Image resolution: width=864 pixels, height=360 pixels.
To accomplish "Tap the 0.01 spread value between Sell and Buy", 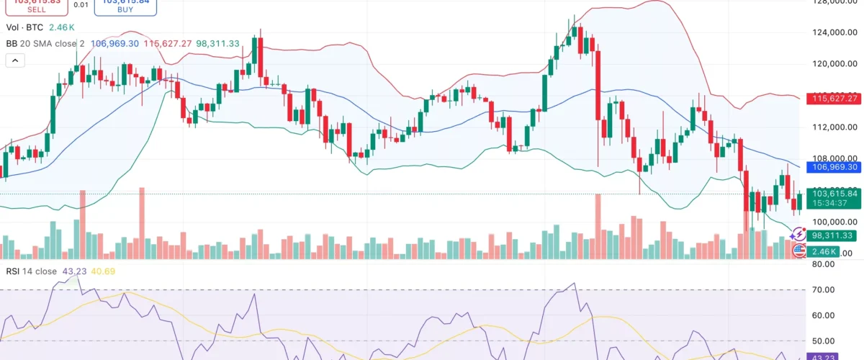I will coord(81,5).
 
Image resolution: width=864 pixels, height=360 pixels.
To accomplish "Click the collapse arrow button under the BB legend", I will coord(15,60).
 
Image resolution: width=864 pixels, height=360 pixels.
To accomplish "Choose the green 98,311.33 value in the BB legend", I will coord(220,44).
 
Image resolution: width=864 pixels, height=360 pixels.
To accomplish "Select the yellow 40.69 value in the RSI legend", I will coord(104,271).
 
